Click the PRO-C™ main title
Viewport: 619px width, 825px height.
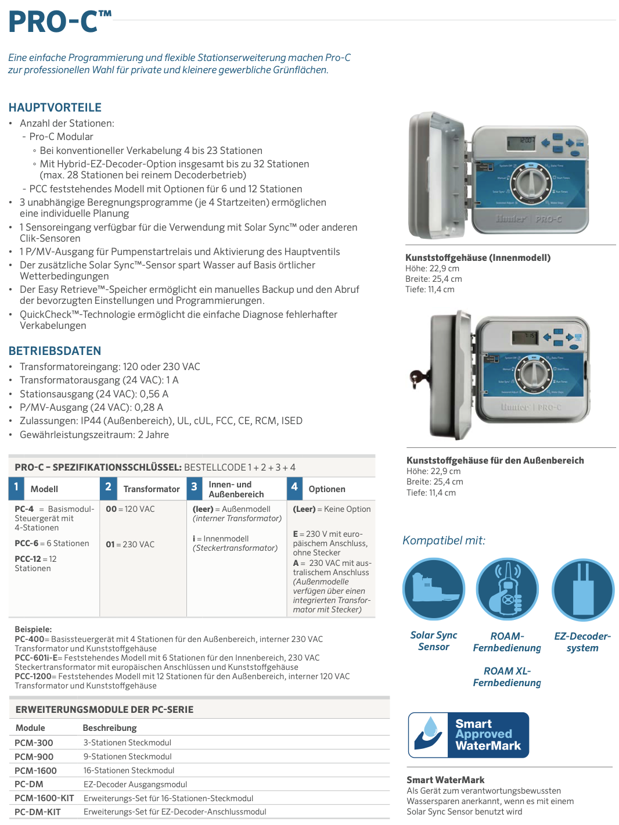(x=59, y=22)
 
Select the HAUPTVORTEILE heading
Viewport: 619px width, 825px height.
(x=55, y=107)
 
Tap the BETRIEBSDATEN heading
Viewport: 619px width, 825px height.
(x=55, y=351)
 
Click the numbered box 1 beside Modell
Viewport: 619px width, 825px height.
(x=16, y=487)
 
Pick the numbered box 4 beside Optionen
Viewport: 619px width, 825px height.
(x=294, y=487)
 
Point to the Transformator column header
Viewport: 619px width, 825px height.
(x=152, y=489)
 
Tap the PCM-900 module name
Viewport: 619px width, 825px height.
(x=34, y=757)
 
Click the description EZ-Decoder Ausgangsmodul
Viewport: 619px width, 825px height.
(x=135, y=784)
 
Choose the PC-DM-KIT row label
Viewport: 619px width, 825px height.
(x=38, y=812)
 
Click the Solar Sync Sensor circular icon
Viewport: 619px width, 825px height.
(x=434, y=589)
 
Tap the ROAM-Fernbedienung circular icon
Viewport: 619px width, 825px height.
(x=508, y=589)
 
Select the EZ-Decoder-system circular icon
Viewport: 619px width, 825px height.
(x=582, y=590)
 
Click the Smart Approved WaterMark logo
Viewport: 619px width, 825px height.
(x=469, y=735)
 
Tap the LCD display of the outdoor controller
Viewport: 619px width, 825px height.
(x=524, y=336)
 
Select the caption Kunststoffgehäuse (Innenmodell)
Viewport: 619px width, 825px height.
(x=478, y=258)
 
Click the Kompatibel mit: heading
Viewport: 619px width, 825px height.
(x=444, y=540)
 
